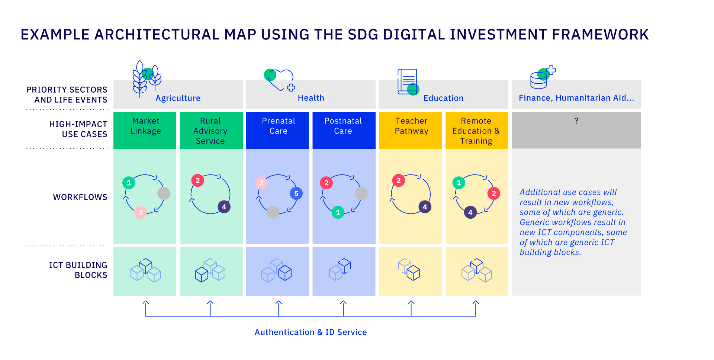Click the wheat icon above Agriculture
click(147, 79)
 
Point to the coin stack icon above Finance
click(541, 78)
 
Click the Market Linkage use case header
click(145, 130)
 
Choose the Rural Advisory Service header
click(211, 131)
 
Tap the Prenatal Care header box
click(278, 130)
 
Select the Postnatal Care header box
click(344, 130)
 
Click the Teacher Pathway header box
click(411, 130)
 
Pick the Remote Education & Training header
click(476, 131)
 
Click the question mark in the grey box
click(576, 121)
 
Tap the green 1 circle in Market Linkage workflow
click(129, 183)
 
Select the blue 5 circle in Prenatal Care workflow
click(296, 193)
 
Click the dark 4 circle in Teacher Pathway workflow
click(425, 207)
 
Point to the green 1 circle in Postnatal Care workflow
click(338, 212)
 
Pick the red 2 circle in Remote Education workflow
click(493, 193)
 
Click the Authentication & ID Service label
click(311, 332)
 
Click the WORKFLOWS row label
click(80, 197)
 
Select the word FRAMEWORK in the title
click(600, 35)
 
